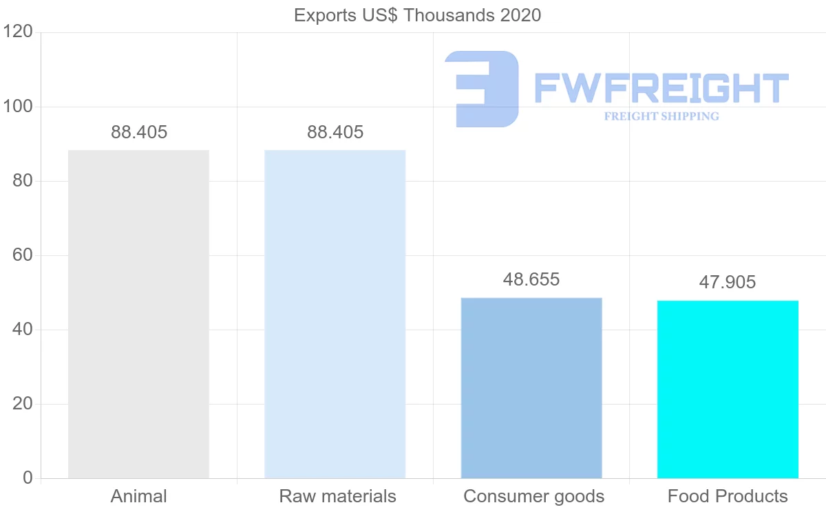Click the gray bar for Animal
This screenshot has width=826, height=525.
[138, 314]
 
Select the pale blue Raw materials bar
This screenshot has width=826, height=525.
[335, 314]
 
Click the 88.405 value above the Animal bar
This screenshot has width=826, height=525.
[139, 133]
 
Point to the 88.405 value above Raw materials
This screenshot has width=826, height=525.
[335, 133]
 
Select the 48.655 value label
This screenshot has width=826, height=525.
[531, 280]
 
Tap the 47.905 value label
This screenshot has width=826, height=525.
[728, 282]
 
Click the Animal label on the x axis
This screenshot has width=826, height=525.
[139, 497]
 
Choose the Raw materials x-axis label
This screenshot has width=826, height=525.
[337, 497]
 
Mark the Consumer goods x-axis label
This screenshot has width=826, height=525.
[533, 497]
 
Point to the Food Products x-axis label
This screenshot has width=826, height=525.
[728, 497]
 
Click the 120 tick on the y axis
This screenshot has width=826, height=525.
[18, 32]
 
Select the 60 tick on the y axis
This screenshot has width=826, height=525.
[23, 255]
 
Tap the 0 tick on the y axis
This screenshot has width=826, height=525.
[28, 478]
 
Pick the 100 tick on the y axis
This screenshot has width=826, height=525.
[18, 107]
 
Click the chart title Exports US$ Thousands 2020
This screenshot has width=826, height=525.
[417, 15]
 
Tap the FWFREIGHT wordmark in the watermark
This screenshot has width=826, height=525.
[661, 88]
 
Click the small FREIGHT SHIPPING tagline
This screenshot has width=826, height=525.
[661, 116]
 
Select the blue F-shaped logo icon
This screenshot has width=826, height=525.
[482, 88]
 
